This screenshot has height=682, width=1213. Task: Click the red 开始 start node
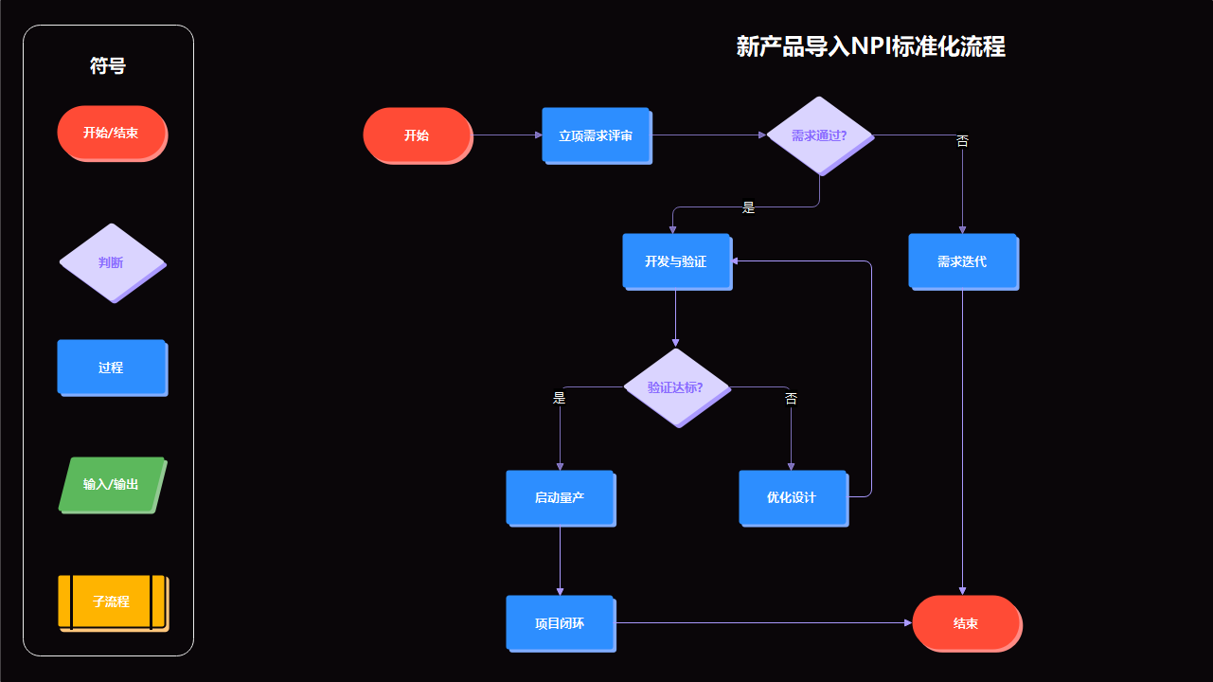point(417,135)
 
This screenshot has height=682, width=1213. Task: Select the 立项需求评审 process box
point(596,135)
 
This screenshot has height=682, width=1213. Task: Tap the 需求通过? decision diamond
point(819,135)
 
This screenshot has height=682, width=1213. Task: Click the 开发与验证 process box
point(676,260)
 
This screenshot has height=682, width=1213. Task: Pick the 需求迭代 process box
point(962,260)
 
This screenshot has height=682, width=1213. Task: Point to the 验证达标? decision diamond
point(676,387)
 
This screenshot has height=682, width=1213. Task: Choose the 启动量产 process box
point(560,497)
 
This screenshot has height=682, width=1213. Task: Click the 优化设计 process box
point(793,497)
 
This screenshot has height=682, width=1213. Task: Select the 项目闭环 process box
point(560,622)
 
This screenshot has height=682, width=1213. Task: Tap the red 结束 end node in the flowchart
point(966,622)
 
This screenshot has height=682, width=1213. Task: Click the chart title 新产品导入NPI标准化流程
point(870,46)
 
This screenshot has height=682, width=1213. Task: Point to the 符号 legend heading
point(108,65)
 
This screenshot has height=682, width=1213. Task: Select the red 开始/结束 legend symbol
point(111,133)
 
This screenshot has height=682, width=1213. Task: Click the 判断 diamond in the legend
point(112,262)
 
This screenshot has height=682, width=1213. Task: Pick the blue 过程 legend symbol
point(111,367)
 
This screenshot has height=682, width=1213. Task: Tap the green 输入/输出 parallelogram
point(112,484)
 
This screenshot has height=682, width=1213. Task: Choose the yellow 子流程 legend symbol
point(111,601)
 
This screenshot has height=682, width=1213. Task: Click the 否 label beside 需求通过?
point(962,141)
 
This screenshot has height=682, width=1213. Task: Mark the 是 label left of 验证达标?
point(560,399)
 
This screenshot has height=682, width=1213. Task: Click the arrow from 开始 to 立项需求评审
point(507,135)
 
